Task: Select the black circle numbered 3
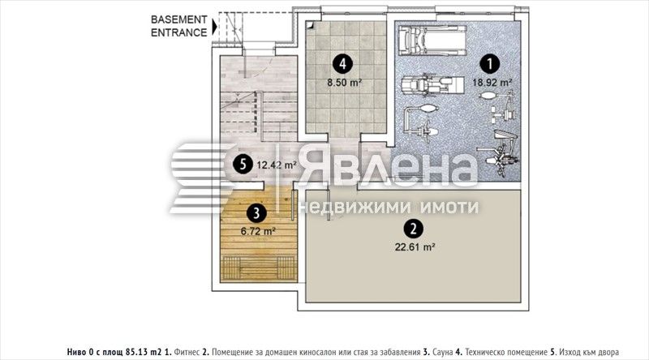[x=256, y=213]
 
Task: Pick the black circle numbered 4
[x=343, y=61]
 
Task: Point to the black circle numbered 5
[x=242, y=164]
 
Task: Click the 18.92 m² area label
[x=493, y=82]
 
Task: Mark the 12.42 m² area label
[x=276, y=165]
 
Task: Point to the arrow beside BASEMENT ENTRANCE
[x=214, y=26]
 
